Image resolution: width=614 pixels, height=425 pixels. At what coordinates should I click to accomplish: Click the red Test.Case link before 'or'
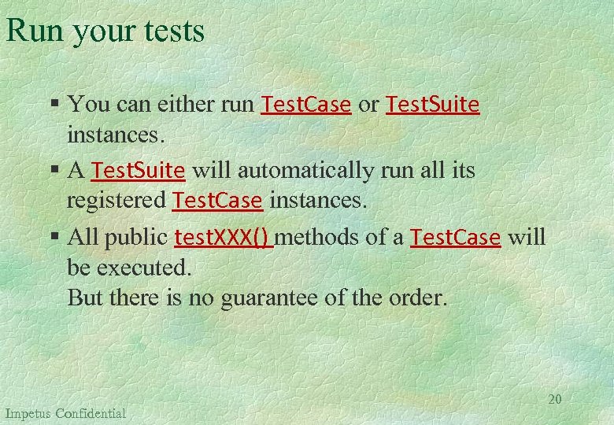click(305, 104)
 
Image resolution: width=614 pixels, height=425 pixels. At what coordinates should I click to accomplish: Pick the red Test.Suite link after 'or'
click(432, 104)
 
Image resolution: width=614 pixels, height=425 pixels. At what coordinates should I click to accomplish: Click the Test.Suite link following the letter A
click(139, 170)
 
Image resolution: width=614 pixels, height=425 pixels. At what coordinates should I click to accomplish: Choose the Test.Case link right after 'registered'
click(217, 201)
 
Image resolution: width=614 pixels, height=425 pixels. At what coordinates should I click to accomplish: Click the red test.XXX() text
click(224, 237)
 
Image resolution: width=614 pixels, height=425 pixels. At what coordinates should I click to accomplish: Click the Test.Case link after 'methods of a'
click(456, 237)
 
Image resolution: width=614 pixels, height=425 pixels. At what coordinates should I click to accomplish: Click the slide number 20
click(555, 399)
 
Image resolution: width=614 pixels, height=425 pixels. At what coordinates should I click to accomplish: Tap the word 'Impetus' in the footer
click(28, 413)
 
